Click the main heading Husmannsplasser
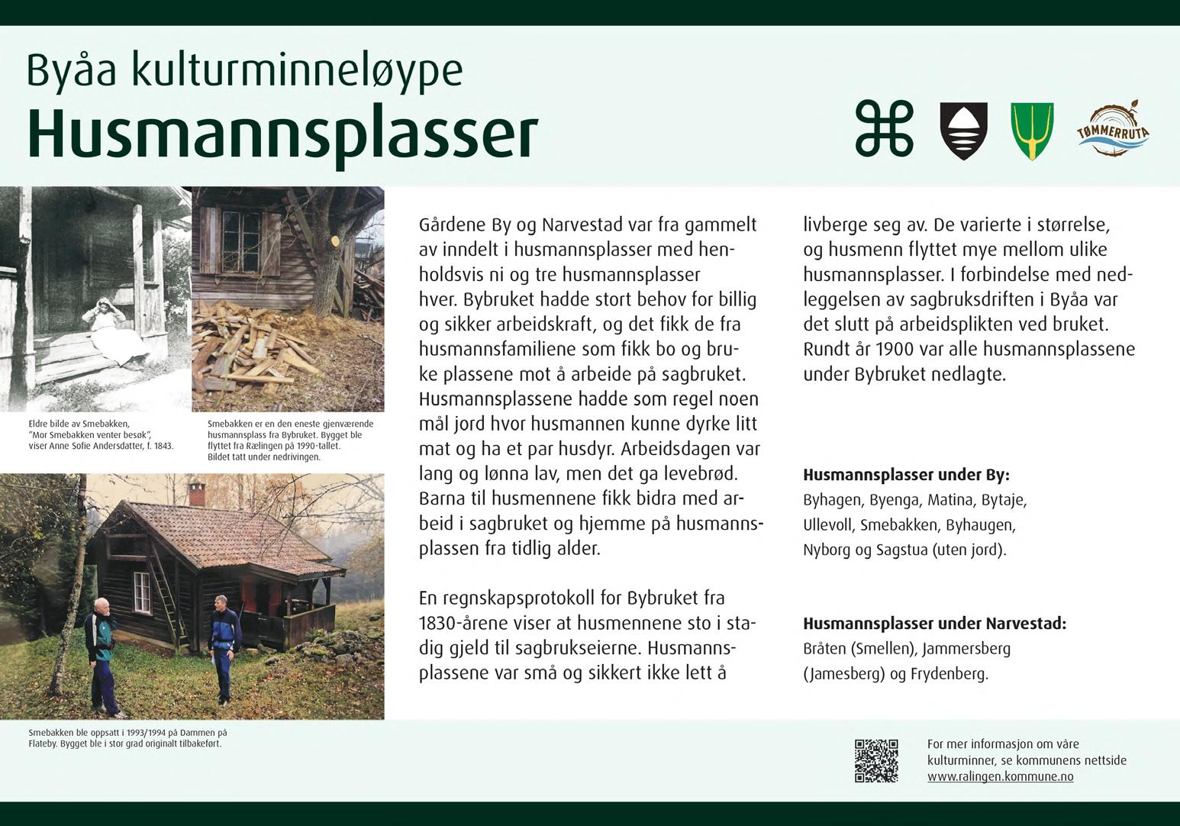click(x=282, y=135)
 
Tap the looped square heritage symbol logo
click(x=884, y=130)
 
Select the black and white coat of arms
click(x=963, y=131)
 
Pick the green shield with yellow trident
click(x=1032, y=131)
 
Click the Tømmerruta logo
click(x=1113, y=130)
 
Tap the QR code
click(x=876, y=760)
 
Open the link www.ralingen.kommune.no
click(x=1000, y=776)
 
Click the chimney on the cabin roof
click(x=197, y=492)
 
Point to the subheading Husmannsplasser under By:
click(x=905, y=476)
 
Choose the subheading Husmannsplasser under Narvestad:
click(x=933, y=624)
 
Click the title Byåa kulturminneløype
click(x=244, y=71)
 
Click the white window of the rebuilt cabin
click(x=142, y=592)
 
